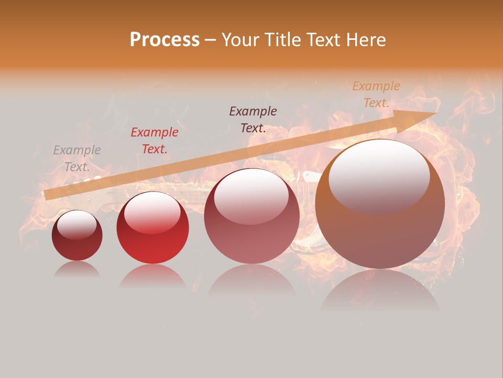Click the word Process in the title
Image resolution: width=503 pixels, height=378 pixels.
[165, 40]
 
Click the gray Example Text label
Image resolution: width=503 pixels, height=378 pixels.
[77, 159]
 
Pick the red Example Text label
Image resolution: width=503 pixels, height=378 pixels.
[155, 141]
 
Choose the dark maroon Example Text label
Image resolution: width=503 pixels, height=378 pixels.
[253, 119]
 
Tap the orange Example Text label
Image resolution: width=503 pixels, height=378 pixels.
[376, 94]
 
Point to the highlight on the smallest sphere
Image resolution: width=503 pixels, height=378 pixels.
[76, 225]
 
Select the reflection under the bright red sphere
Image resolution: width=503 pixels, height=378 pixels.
[152, 276]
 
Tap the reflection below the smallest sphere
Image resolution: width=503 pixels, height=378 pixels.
[77, 269]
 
